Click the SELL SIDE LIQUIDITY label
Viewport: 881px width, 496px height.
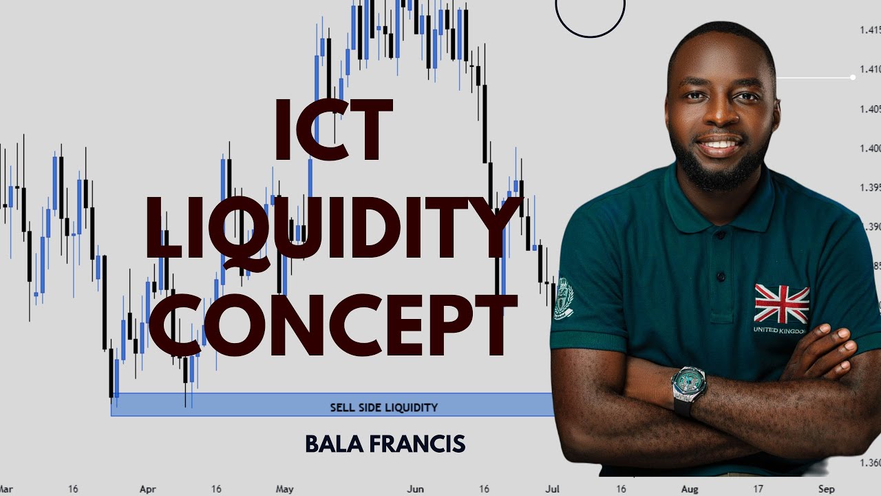pyautogui.click(x=383, y=407)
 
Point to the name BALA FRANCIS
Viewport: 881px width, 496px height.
pyautogui.click(x=385, y=444)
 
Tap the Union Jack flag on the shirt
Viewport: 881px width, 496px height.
pyautogui.click(x=781, y=304)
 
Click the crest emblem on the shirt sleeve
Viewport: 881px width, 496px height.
pyautogui.click(x=563, y=298)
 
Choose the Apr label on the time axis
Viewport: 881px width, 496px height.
pyautogui.click(x=148, y=489)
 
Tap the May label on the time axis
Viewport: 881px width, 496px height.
pyautogui.click(x=284, y=489)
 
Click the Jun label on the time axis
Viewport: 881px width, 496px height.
pyautogui.click(x=415, y=489)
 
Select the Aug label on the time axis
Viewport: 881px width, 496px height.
pyautogui.click(x=690, y=489)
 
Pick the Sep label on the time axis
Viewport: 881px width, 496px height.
pyautogui.click(x=827, y=489)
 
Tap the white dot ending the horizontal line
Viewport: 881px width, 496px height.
pyautogui.click(x=853, y=77)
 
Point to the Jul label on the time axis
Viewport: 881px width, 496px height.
pyautogui.click(x=552, y=489)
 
